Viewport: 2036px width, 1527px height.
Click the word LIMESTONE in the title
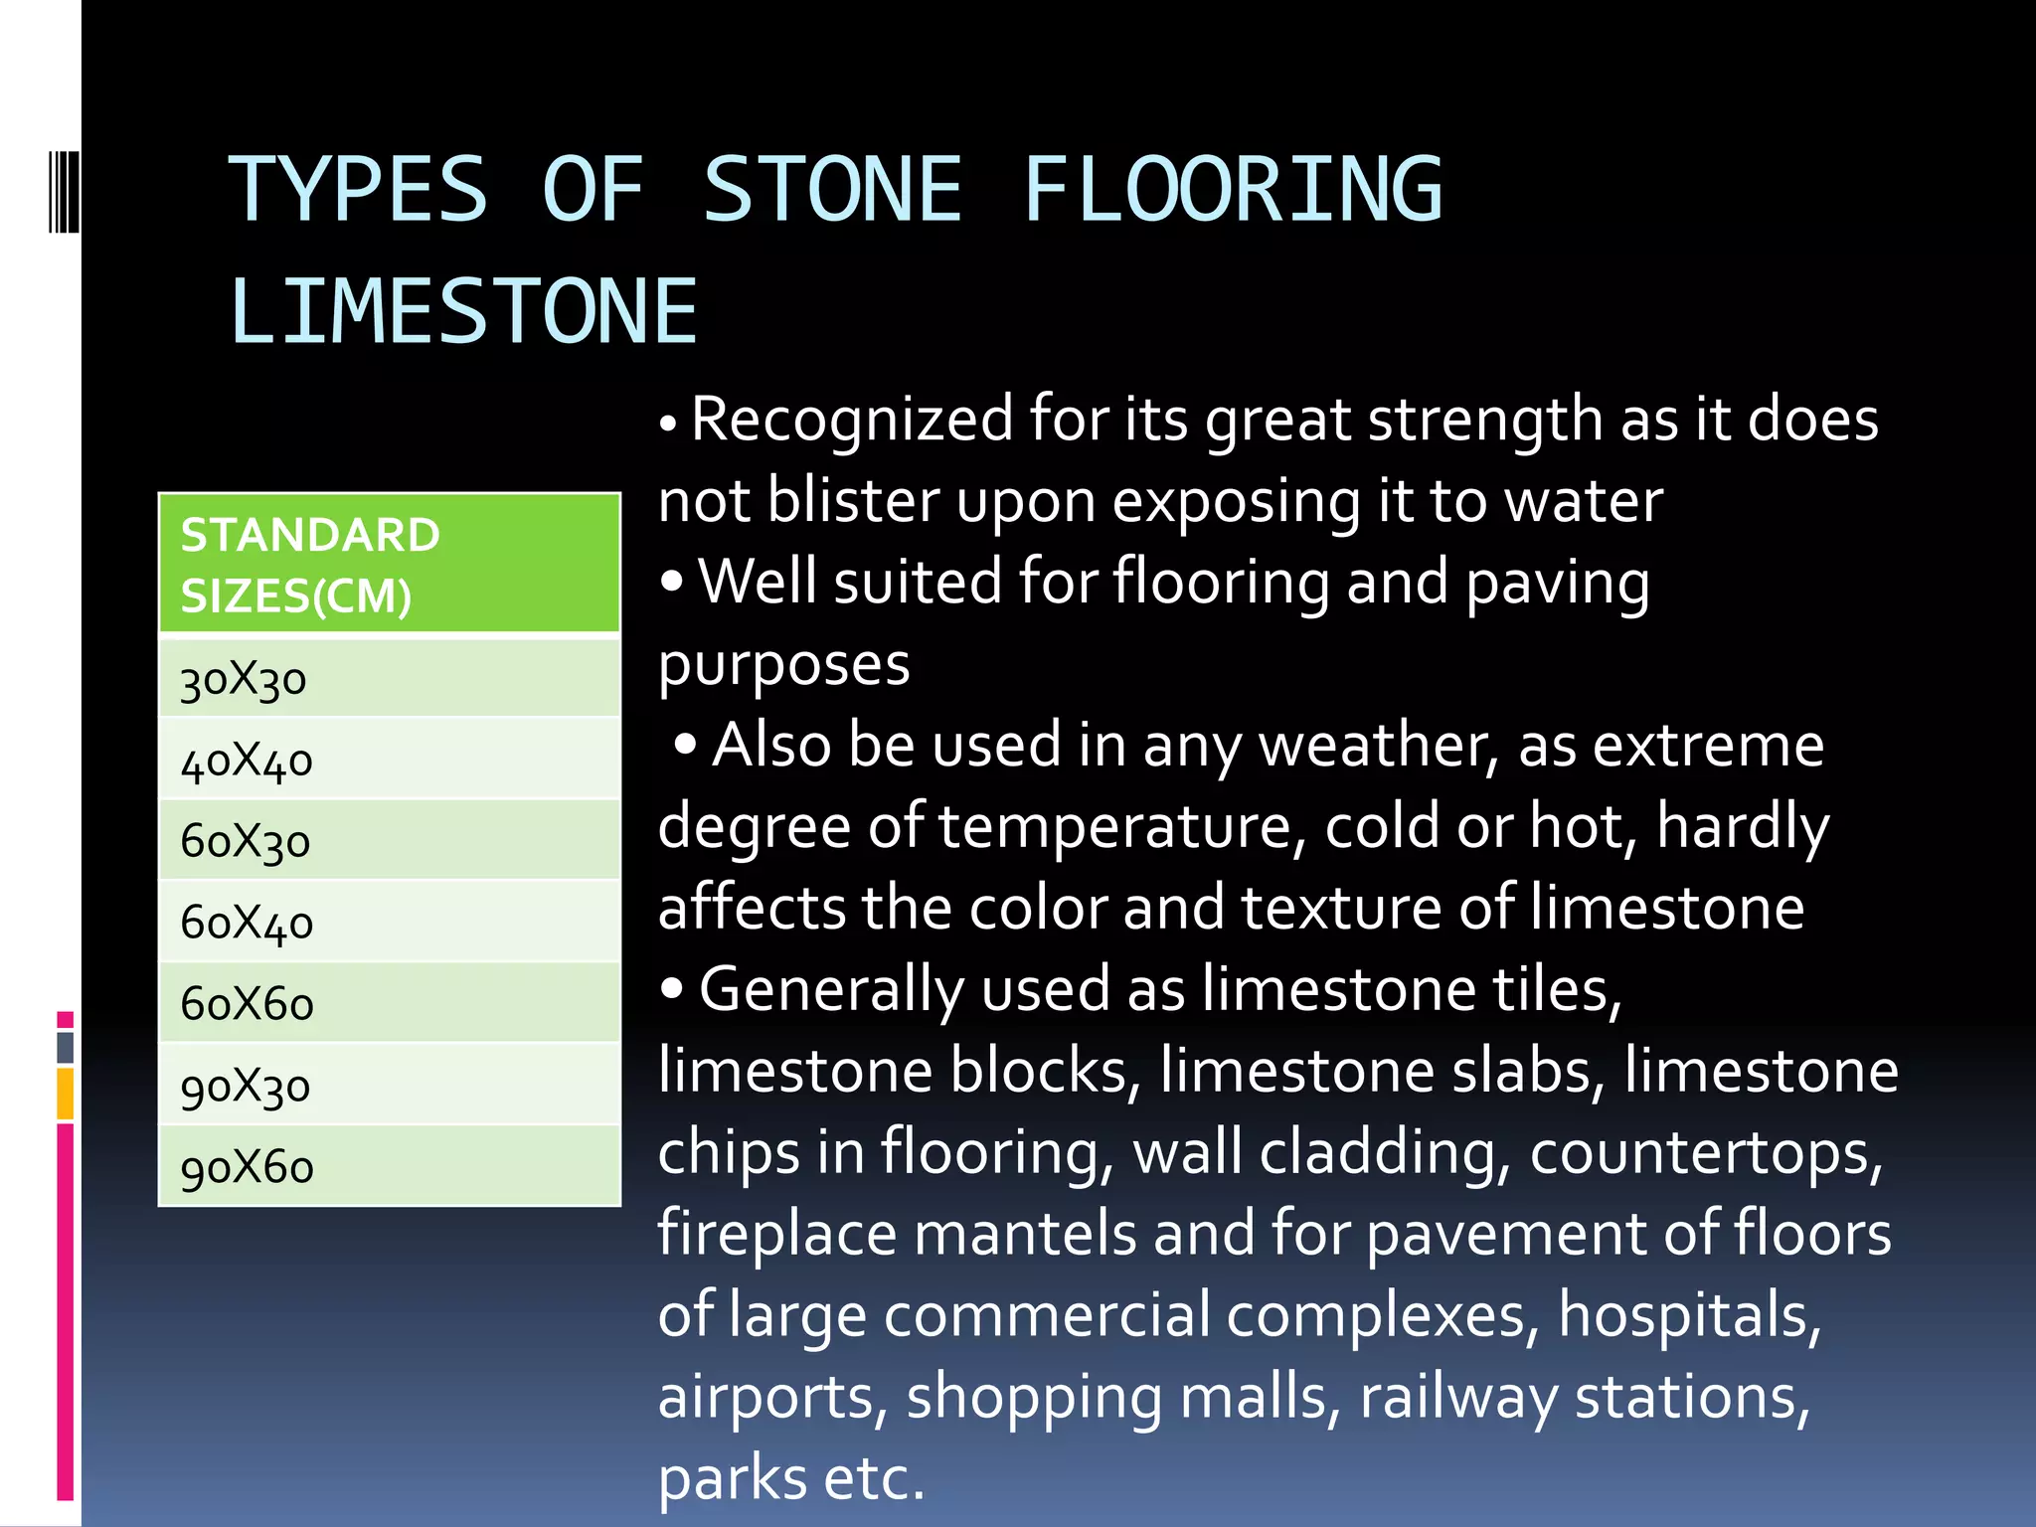click(x=463, y=312)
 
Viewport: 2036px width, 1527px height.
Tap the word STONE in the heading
click(x=833, y=190)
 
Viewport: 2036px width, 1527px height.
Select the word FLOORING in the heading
click(x=1232, y=190)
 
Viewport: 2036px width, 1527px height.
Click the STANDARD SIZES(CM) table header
click(x=389, y=565)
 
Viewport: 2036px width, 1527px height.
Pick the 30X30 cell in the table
click(x=389, y=680)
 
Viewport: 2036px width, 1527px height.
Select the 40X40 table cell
click(x=389, y=761)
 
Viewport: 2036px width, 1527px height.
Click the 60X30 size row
click(x=389, y=841)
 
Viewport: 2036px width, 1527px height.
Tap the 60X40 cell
click(x=389, y=923)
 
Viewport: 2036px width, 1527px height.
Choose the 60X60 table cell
click(x=389, y=1003)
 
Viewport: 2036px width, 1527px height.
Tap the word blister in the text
click(x=853, y=500)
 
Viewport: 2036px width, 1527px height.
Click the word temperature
click(x=1114, y=826)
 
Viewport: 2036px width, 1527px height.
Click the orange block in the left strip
click(x=65, y=1094)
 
